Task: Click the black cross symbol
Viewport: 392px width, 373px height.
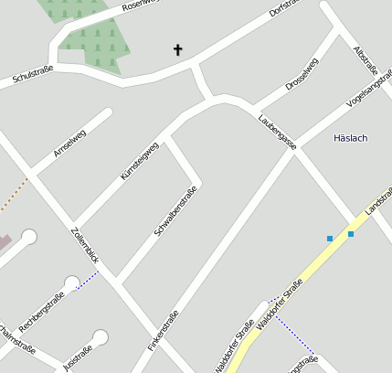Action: [177, 49]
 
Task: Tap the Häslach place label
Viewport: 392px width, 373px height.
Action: [350, 138]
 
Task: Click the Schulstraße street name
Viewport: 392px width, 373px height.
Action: [33, 77]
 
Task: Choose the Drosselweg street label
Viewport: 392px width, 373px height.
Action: [302, 73]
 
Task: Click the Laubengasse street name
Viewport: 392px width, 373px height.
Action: [276, 132]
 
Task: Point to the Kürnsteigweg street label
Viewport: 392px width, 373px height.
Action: [139, 161]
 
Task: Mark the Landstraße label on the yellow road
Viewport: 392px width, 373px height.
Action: [378, 202]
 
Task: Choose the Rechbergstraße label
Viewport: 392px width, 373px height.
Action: [41, 308]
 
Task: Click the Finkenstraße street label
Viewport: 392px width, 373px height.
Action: [164, 332]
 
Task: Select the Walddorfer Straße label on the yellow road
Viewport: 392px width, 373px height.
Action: [279, 304]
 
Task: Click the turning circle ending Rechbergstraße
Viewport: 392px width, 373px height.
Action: [72, 282]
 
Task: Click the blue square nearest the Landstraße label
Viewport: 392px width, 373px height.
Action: [351, 234]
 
